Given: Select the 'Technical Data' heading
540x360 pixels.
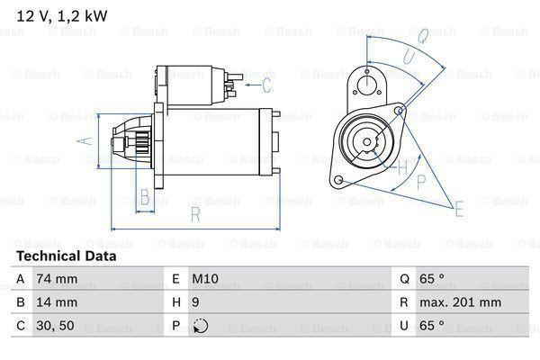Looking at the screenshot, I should (66, 256).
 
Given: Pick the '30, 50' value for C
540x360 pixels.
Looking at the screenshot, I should (55, 326).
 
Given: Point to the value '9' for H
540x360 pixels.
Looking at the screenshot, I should (194, 302).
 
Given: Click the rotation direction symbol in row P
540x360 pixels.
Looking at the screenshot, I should (199, 326).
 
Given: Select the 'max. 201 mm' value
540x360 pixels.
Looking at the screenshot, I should (463, 302).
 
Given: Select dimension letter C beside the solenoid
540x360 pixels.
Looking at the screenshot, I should (266, 86).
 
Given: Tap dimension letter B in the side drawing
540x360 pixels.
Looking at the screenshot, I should (143, 196).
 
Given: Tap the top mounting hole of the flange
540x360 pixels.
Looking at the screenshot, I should (367, 83).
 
